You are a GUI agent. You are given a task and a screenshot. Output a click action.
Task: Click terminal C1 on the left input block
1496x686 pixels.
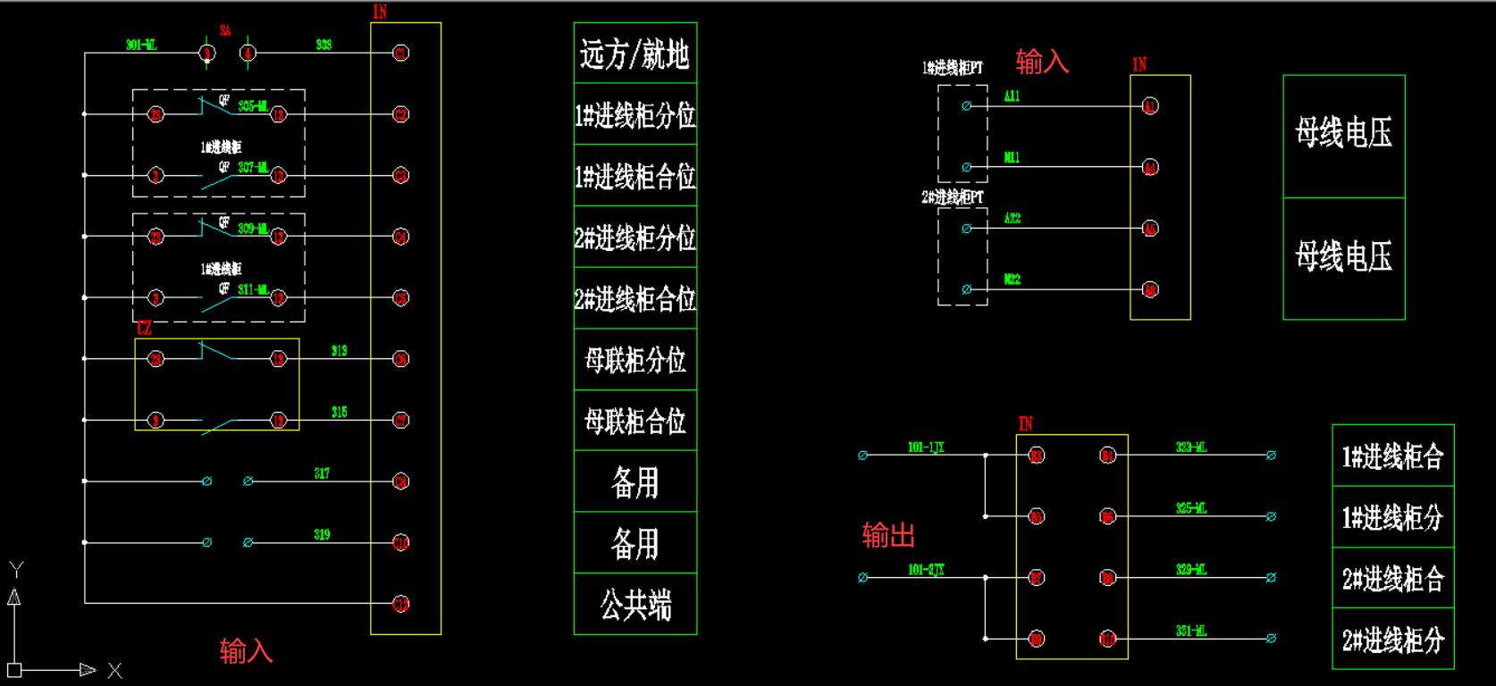(x=401, y=54)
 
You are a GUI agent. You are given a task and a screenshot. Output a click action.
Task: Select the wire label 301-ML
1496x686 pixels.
(x=141, y=45)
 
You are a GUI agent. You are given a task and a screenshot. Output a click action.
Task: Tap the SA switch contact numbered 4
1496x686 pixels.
(x=248, y=54)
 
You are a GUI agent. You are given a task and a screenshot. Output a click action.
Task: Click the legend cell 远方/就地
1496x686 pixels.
(x=635, y=54)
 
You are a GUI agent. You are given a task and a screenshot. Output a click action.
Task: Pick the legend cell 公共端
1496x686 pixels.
(x=635, y=605)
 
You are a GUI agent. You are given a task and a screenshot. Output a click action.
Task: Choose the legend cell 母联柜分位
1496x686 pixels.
(x=635, y=360)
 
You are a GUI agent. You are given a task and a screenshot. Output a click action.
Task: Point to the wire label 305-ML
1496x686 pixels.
(x=253, y=105)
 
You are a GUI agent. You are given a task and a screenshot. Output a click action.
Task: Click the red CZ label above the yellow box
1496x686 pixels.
(x=144, y=329)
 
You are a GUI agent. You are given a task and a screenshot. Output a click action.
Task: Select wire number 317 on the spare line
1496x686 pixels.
(x=322, y=473)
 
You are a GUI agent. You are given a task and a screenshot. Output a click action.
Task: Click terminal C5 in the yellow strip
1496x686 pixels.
(x=401, y=298)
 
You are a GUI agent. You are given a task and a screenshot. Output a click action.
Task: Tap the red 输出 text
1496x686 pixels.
(x=888, y=535)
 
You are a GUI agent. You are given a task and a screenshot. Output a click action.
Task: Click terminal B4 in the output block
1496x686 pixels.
(x=1107, y=456)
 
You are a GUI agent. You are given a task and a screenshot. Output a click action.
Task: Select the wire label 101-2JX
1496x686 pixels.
(x=926, y=569)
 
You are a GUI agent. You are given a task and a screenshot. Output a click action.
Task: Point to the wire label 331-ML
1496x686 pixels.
(x=1191, y=631)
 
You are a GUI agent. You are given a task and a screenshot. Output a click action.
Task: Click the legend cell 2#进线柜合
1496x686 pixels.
(x=1392, y=579)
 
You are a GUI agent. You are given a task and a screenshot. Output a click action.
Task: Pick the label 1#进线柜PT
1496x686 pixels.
(x=953, y=68)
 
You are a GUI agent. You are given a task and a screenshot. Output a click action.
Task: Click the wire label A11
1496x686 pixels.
(x=1012, y=96)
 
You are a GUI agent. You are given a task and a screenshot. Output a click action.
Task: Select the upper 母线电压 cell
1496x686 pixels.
(x=1343, y=134)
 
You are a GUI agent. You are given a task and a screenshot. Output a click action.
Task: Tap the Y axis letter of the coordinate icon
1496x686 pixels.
(x=15, y=569)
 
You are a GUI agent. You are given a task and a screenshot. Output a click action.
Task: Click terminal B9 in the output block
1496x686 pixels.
(x=1036, y=639)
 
